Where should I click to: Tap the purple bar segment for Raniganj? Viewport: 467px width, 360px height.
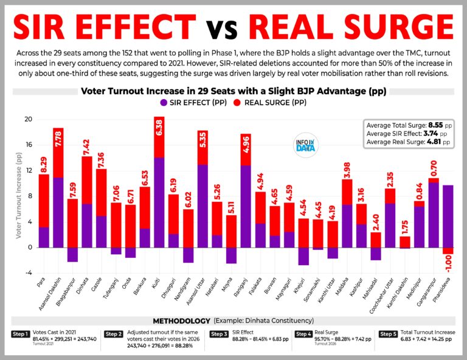click(x=246, y=206)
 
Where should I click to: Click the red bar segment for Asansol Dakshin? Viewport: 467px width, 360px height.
click(x=58, y=153)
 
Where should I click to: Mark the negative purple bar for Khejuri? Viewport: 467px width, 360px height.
click(x=303, y=256)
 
